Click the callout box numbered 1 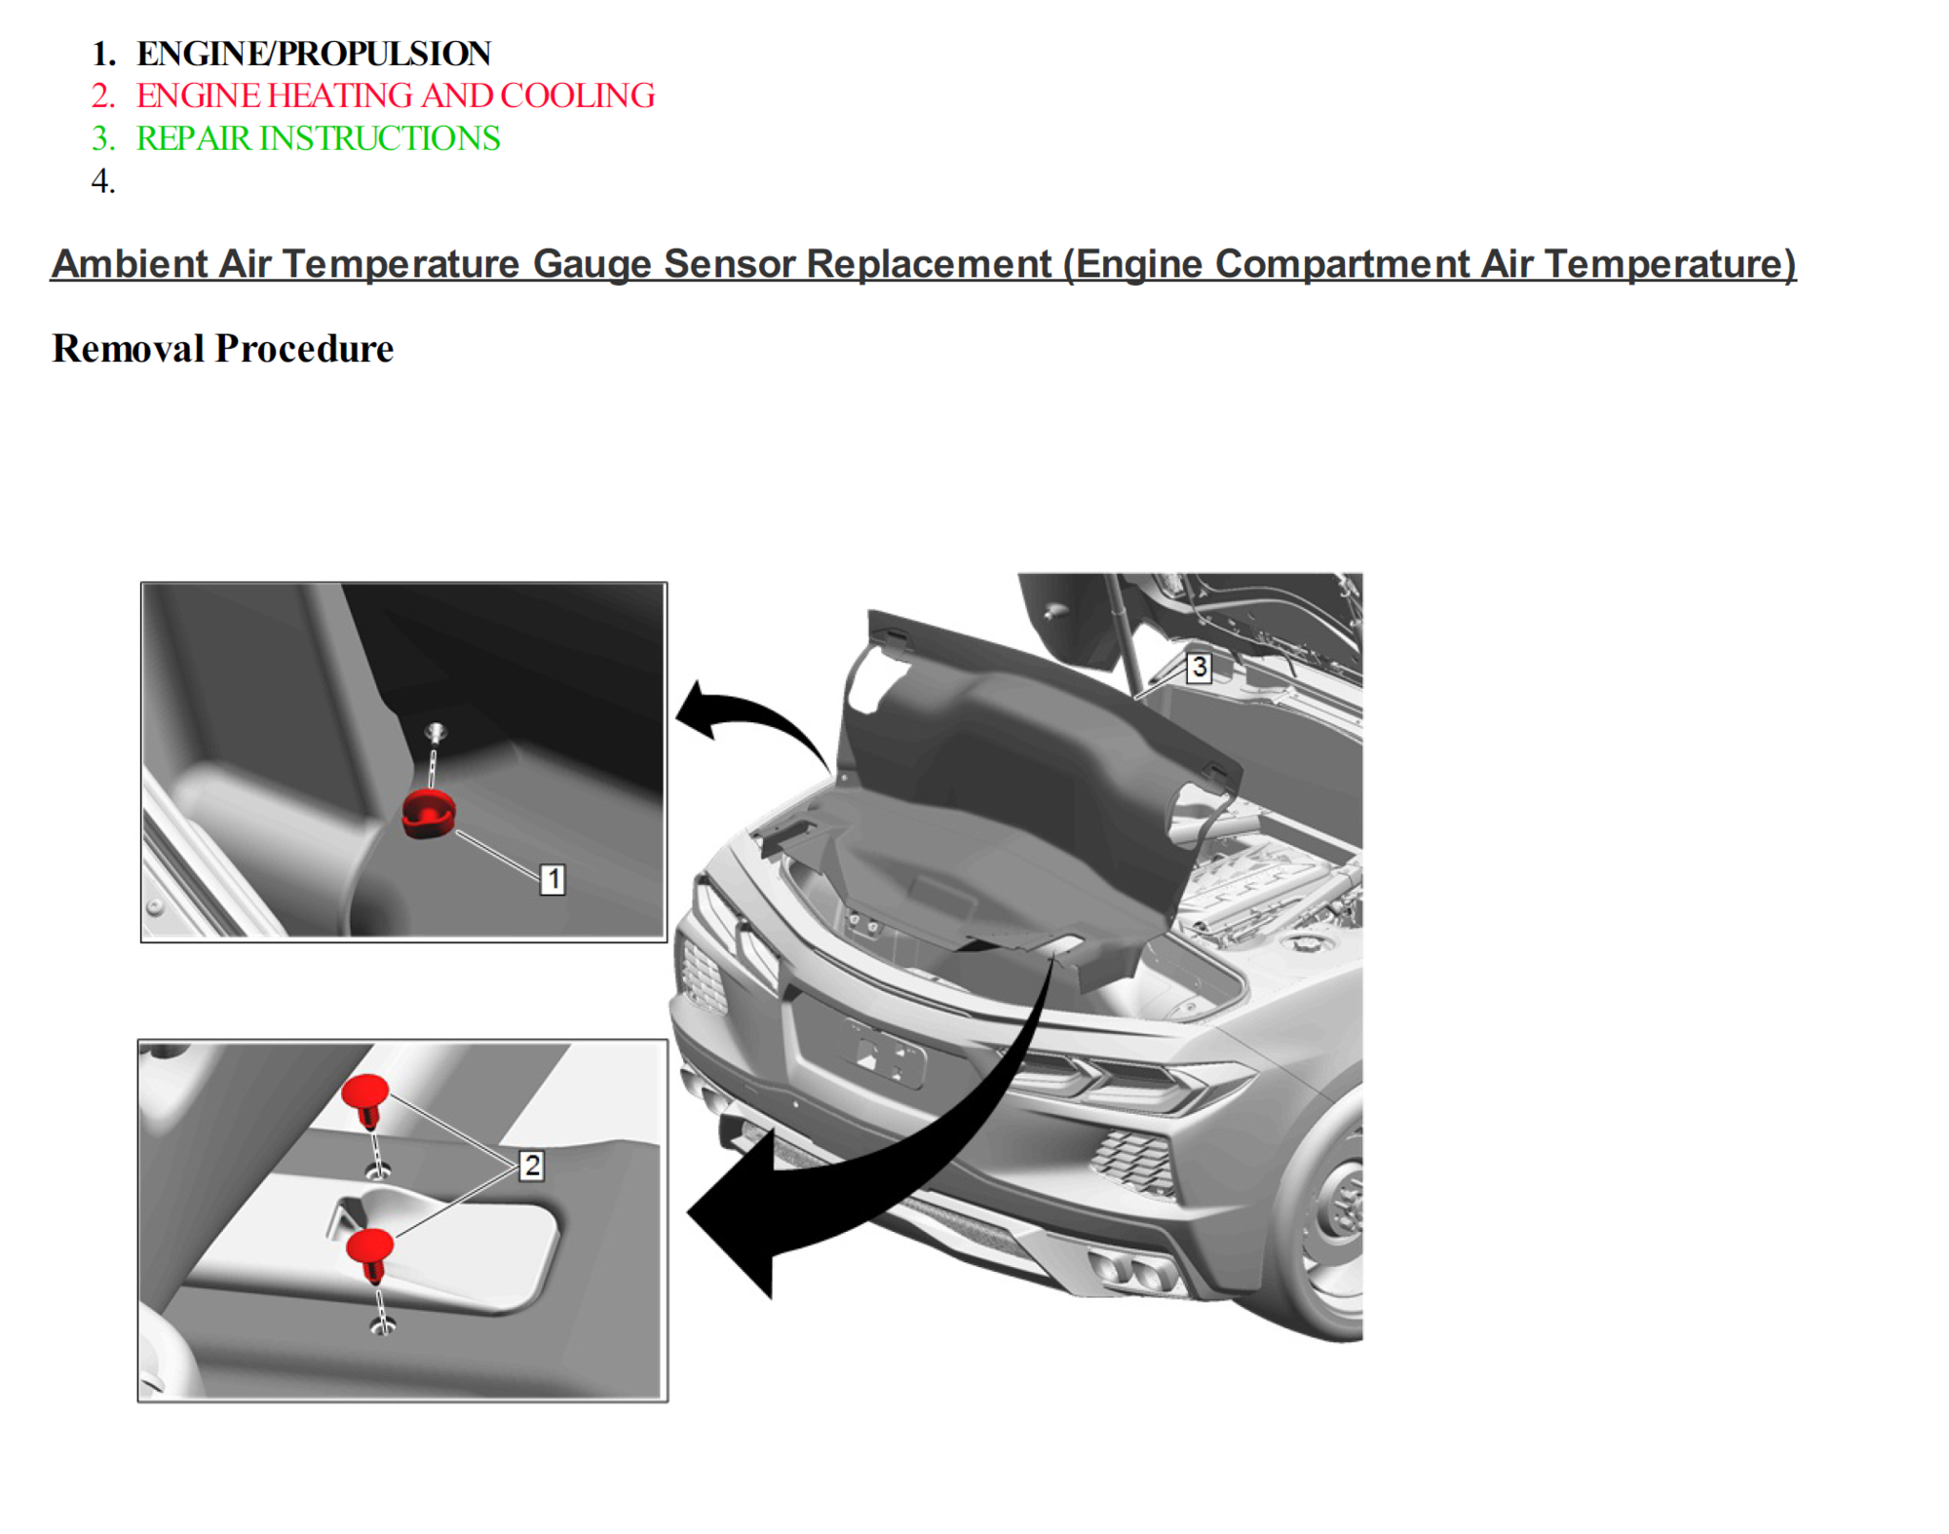pos(553,879)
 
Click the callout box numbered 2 pos(531,1165)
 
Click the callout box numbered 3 pos(1199,667)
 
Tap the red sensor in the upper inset pos(429,814)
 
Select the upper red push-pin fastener pos(366,1096)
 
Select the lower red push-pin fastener pos(370,1250)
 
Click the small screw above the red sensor pos(436,732)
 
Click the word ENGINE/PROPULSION pos(313,54)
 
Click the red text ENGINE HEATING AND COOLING pos(395,96)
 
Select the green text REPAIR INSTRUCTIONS pos(318,138)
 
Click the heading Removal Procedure pos(222,348)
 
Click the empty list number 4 pos(102,181)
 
